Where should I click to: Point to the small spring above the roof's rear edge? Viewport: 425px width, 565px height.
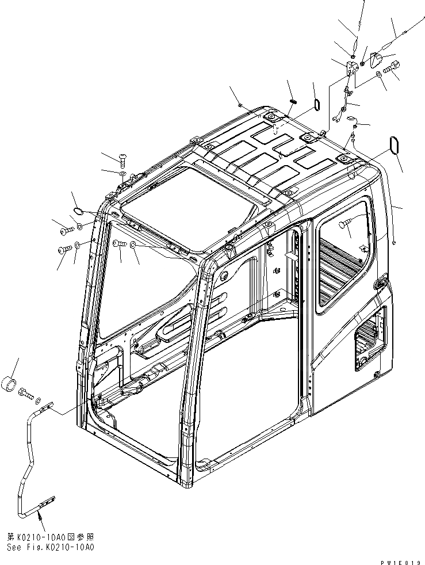point(292,102)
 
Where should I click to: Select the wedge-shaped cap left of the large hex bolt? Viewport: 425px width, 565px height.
point(376,59)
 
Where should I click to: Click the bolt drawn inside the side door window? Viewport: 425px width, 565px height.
point(346,226)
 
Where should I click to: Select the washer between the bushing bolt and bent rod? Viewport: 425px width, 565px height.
point(38,399)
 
